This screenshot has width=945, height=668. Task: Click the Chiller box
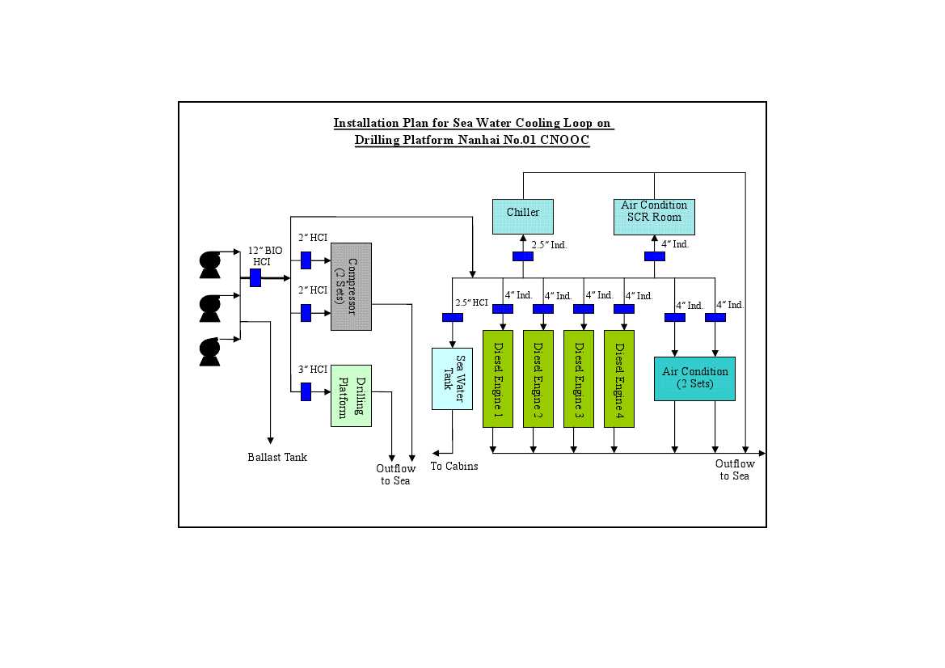click(x=522, y=217)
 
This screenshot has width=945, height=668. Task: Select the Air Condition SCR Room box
click(x=654, y=217)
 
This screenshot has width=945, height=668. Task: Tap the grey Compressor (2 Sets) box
click(x=351, y=286)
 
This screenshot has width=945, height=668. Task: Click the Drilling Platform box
click(x=351, y=395)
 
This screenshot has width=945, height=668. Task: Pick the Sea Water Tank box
click(x=452, y=378)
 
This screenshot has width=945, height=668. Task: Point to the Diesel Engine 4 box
click(x=618, y=378)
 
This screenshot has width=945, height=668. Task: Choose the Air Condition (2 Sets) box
click(x=694, y=378)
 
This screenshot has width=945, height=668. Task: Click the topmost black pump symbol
click(x=210, y=264)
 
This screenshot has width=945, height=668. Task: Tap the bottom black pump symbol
click(x=210, y=351)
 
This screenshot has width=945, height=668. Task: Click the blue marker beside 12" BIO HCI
click(x=255, y=277)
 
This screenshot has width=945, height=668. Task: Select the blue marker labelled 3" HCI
click(x=306, y=392)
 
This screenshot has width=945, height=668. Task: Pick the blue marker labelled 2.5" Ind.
click(x=522, y=256)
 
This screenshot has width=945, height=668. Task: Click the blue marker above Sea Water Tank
click(x=452, y=317)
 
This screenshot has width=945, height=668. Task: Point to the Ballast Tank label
click(x=277, y=457)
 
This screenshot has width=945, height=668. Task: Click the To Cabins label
click(x=454, y=466)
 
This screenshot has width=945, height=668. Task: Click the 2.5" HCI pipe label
click(x=471, y=302)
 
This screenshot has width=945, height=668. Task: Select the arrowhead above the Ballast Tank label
click(x=270, y=439)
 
